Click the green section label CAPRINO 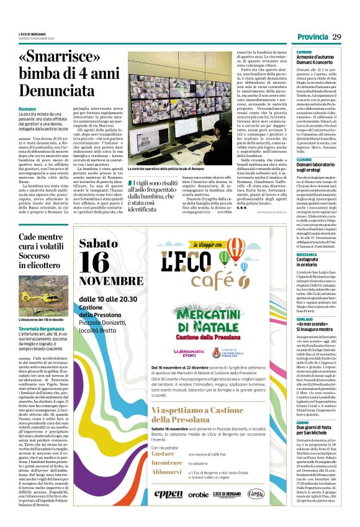(x=304, y=52)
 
